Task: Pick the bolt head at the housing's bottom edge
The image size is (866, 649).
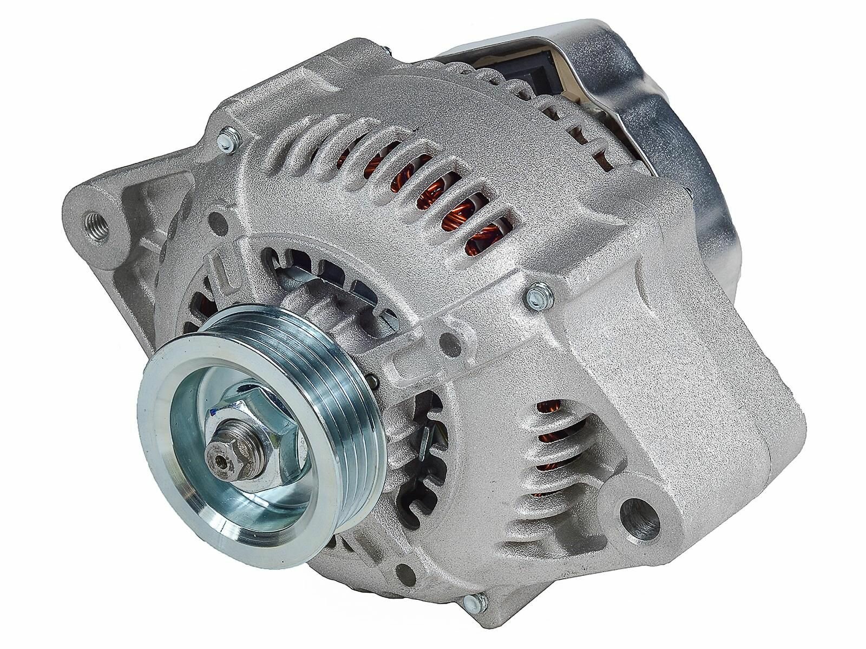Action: coord(476,582)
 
